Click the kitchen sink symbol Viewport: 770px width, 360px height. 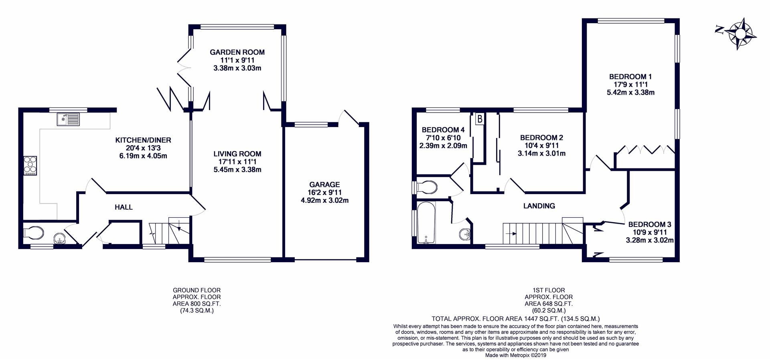[x=69, y=119]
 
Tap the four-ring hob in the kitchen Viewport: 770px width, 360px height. [x=30, y=165]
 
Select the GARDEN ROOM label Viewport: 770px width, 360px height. [x=237, y=52]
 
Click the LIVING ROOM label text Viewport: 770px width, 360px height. [x=237, y=154]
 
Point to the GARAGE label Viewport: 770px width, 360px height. [x=324, y=185]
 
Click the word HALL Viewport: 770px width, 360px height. [x=124, y=207]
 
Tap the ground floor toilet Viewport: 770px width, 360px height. [x=34, y=233]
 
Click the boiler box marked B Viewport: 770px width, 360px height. [x=479, y=119]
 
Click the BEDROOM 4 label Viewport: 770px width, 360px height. [x=443, y=130]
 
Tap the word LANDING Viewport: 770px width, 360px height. [x=539, y=206]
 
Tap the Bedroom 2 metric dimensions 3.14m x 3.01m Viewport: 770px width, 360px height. [x=541, y=154]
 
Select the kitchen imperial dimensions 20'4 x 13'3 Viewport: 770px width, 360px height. [x=143, y=148]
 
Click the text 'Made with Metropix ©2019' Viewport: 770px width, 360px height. [x=516, y=355]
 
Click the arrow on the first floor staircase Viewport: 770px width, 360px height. [x=511, y=233]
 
